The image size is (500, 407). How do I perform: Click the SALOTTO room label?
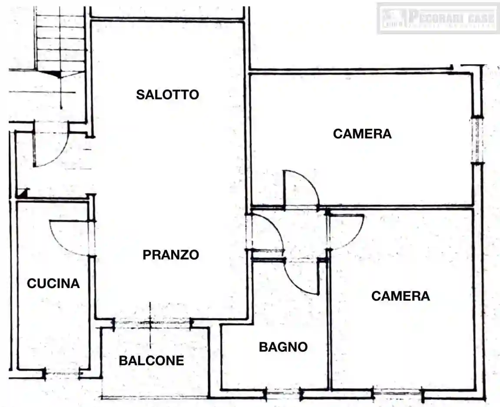[167, 94]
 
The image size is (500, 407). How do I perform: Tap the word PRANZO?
[171, 255]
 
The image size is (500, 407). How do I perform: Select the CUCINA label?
[53, 284]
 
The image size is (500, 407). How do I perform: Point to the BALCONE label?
[152, 361]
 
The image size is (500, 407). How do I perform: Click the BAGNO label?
[283, 347]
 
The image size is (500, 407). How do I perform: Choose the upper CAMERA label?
[362, 134]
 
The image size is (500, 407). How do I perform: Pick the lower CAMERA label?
[401, 296]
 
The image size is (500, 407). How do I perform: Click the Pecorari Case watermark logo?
[438, 18]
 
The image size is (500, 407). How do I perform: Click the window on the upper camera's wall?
[477, 140]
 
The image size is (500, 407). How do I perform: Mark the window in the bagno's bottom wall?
[283, 394]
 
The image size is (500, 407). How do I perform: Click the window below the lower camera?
[397, 394]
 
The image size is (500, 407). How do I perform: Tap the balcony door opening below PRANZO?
[152, 323]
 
